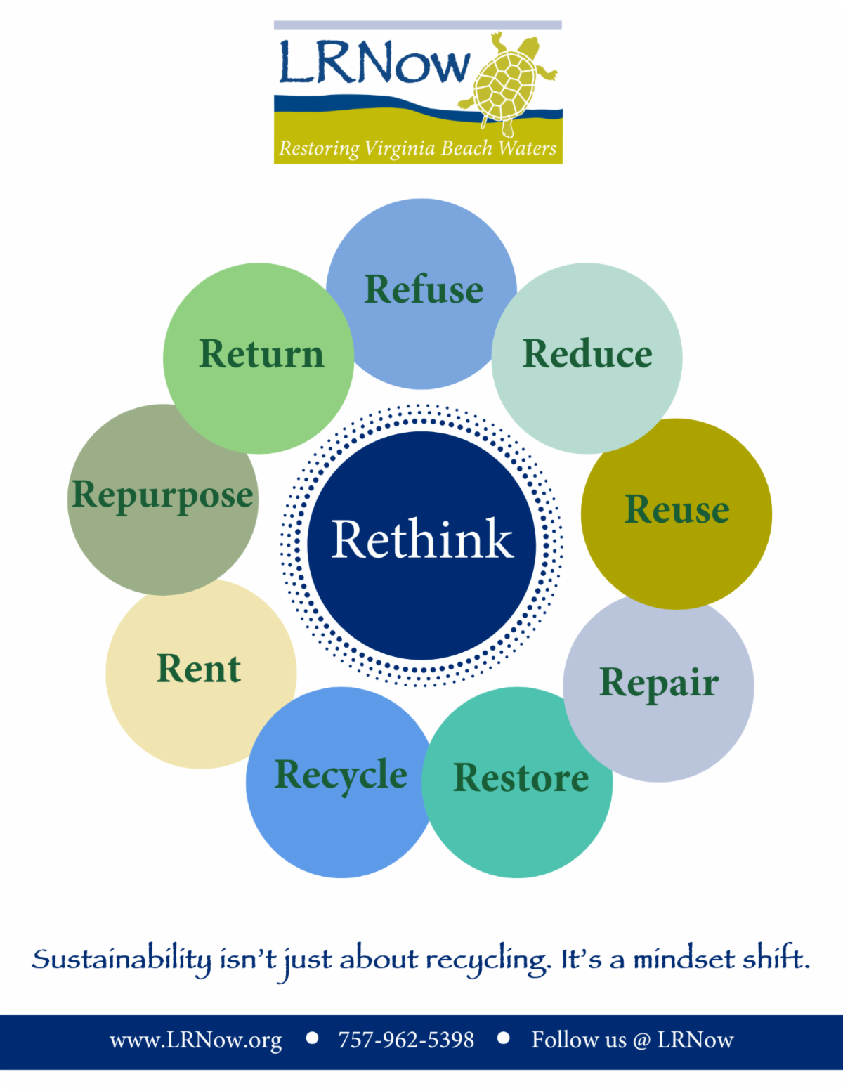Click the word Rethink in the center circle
422,540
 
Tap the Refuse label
424,289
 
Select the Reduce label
587,353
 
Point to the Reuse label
677,509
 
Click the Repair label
659,682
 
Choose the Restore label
521,778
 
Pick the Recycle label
341,775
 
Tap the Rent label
199,668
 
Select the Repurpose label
162,496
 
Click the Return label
261,353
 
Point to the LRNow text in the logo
374,63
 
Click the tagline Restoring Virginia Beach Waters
418,149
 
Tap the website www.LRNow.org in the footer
196,1040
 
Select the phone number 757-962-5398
406,1040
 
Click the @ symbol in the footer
641,1040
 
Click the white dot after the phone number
503,1038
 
